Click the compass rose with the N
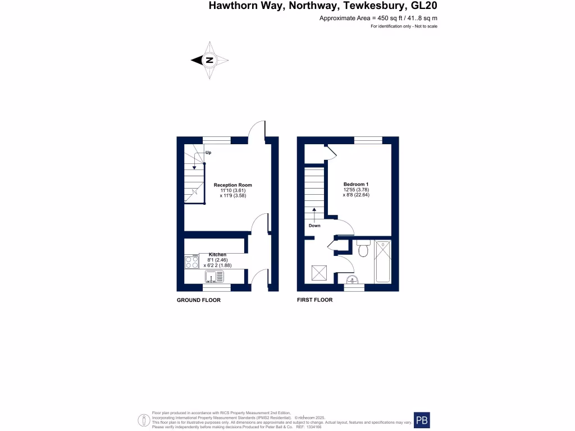(x=209, y=60)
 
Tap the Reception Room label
(x=233, y=185)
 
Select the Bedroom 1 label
(x=356, y=184)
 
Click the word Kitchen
(x=218, y=254)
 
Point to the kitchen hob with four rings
(x=191, y=262)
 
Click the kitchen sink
(x=215, y=277)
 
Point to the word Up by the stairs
(x=208, y=153)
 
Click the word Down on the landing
(x=314, y=226)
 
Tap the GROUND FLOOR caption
(x=199, y=300)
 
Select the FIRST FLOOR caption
(x=315, y=300)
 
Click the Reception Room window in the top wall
(x=216, y=140)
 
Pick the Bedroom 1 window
(x=367, y=140)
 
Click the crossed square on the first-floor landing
(x=318, y=273)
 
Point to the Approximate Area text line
(x=378, y=19)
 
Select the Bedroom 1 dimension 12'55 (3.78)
(x=356, y=190)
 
